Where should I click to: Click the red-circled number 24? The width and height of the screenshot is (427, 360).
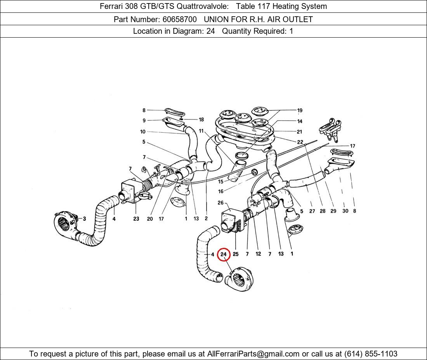click(224, 254)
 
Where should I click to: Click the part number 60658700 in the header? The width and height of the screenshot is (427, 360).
click(179, 19)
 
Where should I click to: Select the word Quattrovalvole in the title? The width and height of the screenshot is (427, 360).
click(203, 6)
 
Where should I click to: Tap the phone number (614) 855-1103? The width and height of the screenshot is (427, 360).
click(371, 354)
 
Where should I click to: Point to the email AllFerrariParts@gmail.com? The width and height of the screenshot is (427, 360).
click(253, 354)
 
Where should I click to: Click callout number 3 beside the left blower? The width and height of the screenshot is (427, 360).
click(84, 218)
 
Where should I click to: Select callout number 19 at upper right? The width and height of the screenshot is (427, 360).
click(300, 111)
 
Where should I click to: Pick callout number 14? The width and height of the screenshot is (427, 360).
click(300, 121)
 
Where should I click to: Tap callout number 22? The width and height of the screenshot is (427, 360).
click(300, 142)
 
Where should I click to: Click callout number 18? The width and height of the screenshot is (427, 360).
click(201, 119)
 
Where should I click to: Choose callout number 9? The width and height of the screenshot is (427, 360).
click(144, 120)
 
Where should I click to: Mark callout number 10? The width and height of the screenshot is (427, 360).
click(143, 132)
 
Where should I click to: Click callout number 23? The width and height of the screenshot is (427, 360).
click(136, 218)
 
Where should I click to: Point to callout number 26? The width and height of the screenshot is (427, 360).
click(220, 202)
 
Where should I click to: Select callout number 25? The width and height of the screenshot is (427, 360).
click(236, 254)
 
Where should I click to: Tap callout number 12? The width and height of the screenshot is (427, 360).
click(258, 254)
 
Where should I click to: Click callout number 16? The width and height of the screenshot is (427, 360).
click(220, 191)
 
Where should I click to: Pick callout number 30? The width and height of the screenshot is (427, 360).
click(345, 211)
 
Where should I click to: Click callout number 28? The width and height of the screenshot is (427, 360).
click(323, 211)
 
